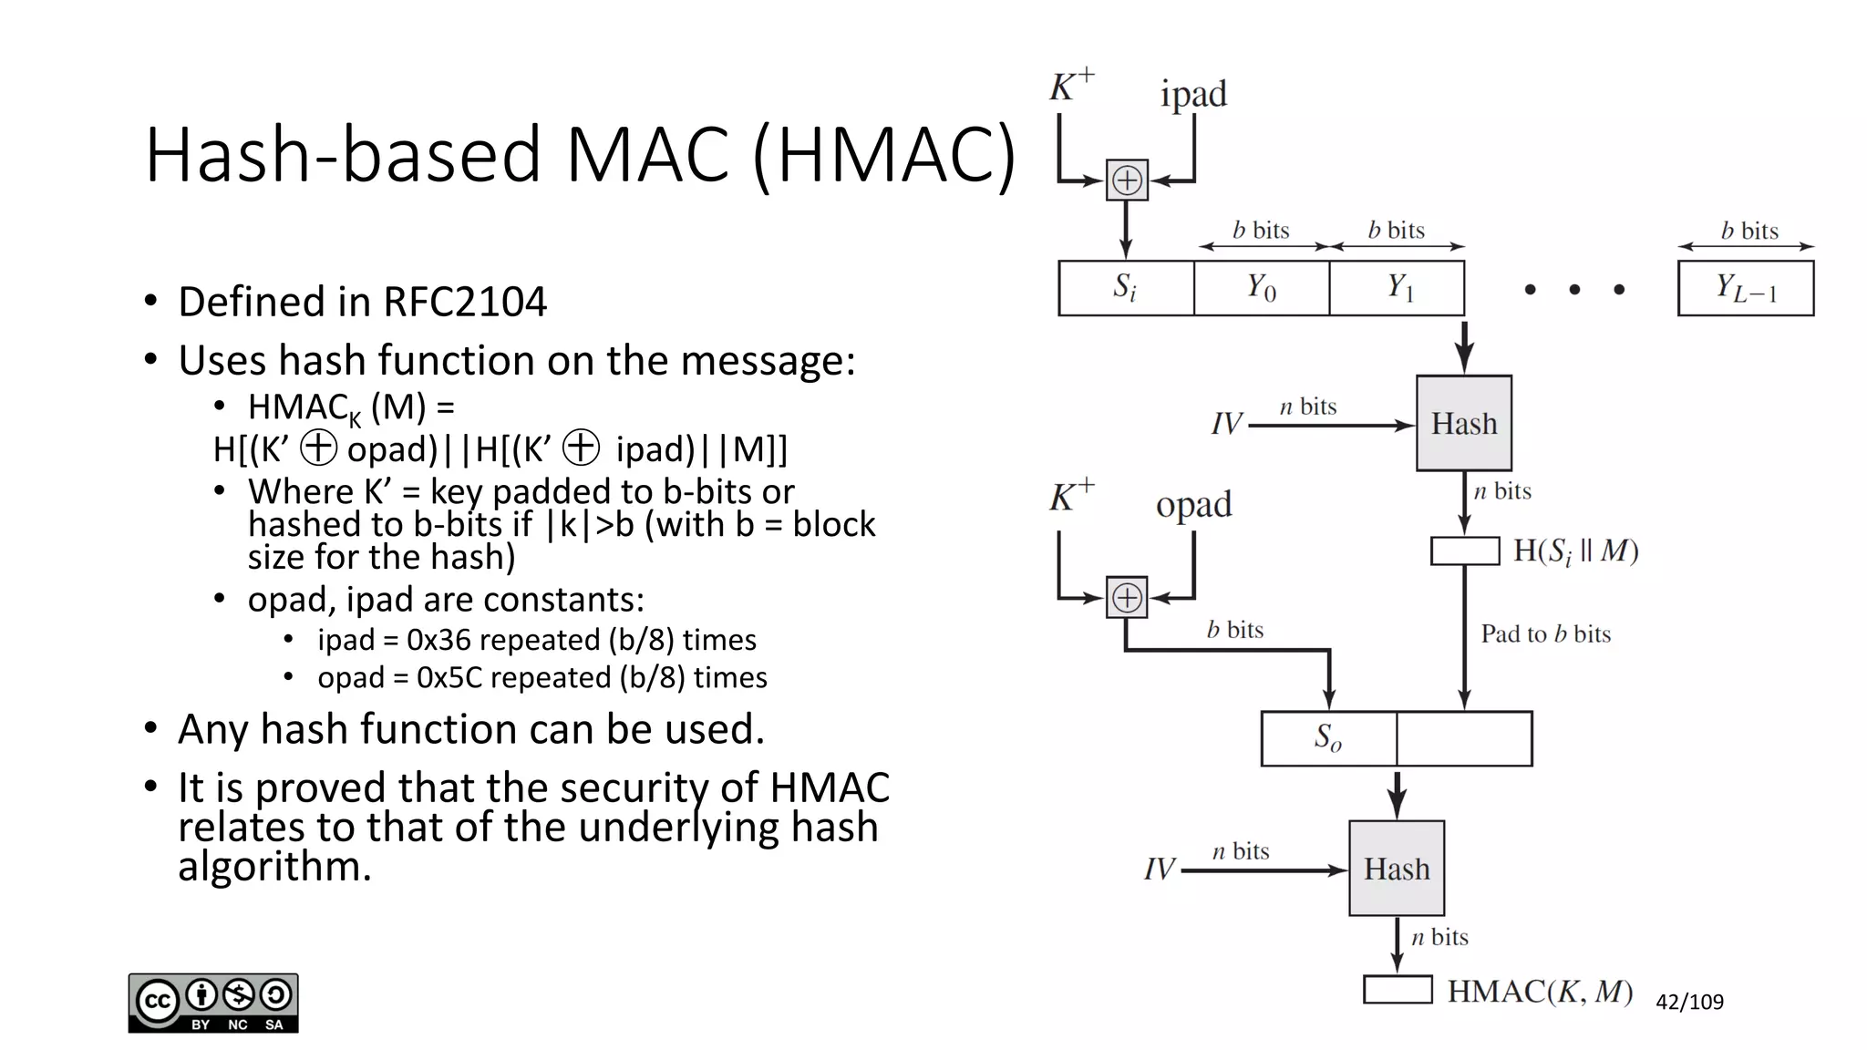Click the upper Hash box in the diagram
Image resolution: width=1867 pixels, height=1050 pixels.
1463,423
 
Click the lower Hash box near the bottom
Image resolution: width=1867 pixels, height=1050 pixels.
1397,868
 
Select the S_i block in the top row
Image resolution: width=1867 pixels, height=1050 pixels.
1126,288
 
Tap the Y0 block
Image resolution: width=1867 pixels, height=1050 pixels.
1262,288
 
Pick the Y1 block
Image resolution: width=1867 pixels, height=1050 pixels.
1398,288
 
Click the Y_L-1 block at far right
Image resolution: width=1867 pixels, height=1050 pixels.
1746,288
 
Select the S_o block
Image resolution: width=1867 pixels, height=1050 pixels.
1328,738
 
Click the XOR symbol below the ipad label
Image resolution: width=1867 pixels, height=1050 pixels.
1127,180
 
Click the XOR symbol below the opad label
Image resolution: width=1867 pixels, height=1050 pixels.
1127,598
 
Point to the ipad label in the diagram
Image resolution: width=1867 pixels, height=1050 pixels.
1193,95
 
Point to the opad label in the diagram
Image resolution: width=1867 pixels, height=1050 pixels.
1193,505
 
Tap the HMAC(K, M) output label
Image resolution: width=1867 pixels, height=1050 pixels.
1540,991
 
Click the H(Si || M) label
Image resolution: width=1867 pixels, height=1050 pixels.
1576,551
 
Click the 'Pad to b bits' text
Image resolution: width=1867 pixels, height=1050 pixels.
1545,633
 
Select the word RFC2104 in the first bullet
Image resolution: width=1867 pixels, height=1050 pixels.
465,302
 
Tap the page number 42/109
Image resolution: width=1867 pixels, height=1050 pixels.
1689,1002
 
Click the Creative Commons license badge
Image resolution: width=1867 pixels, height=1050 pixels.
213,1003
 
